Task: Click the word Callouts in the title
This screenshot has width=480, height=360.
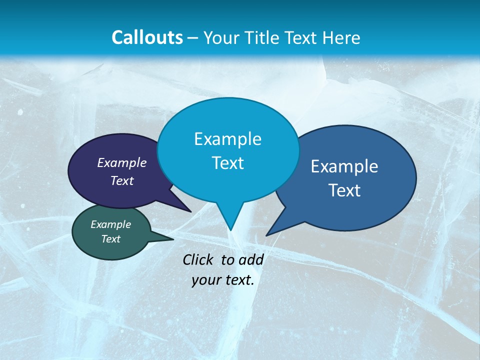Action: tap(147, 37)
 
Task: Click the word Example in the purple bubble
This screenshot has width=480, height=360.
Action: tap(122, 162)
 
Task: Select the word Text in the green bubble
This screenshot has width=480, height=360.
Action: tap(111, 239)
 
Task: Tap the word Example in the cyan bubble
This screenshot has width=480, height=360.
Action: tap(228, 138)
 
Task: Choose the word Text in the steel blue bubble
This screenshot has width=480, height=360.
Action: tap(344, 190)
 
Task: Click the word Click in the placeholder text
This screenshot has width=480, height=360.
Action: tap(198, 259)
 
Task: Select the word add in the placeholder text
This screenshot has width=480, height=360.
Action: tap(251, 259)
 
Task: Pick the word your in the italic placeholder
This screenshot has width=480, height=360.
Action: tap(206, 280)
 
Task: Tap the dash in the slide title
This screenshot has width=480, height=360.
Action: tap(193, 38)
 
